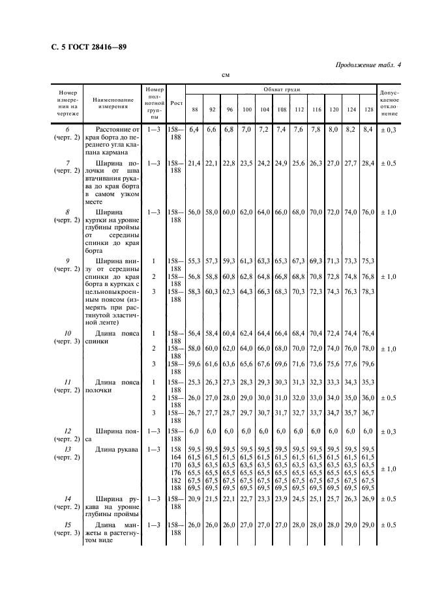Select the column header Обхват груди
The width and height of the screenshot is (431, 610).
pos(282,88)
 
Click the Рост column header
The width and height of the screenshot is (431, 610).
pos(176,102)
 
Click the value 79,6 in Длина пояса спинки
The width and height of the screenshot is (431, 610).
pos(368,363)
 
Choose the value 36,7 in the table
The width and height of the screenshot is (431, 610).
pos(368,413)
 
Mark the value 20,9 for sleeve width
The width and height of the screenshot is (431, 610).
pos(194,498)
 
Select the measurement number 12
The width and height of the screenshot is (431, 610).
pos(68,431)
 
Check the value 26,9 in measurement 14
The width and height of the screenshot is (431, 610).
pos(368,498)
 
